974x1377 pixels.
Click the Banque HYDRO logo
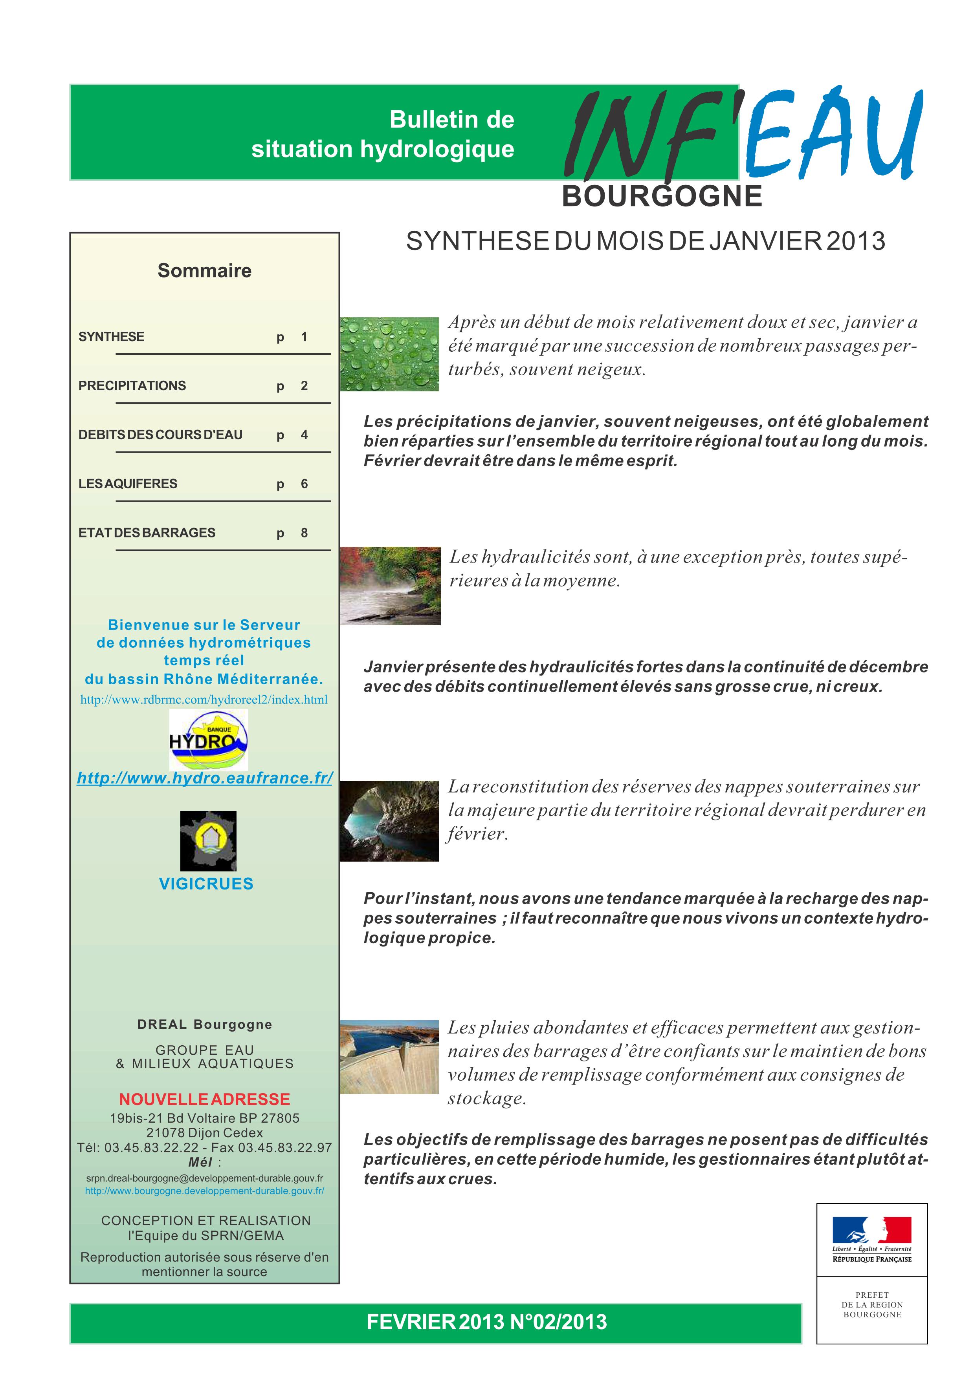coord(208,740)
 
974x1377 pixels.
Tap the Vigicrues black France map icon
coord(208,841)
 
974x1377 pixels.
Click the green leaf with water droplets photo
coord(389,354)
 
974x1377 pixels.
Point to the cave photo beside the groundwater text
coord(389,820)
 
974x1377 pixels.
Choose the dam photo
coord(389,1056)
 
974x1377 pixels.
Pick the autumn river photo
coord(390,585)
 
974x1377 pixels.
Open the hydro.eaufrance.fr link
coord(205,778)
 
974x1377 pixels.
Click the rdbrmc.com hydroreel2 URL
coord(204,699)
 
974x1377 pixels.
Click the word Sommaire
coord(204,270)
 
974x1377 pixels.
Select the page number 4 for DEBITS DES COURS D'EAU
coord(304,435)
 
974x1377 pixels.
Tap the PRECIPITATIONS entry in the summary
coord(132,385)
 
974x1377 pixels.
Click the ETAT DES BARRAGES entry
coord(147,533)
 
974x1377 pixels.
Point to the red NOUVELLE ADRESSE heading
coord(204,1099)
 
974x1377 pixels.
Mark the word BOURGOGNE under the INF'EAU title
coord(662,196)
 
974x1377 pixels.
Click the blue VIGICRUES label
coord(206,884)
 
